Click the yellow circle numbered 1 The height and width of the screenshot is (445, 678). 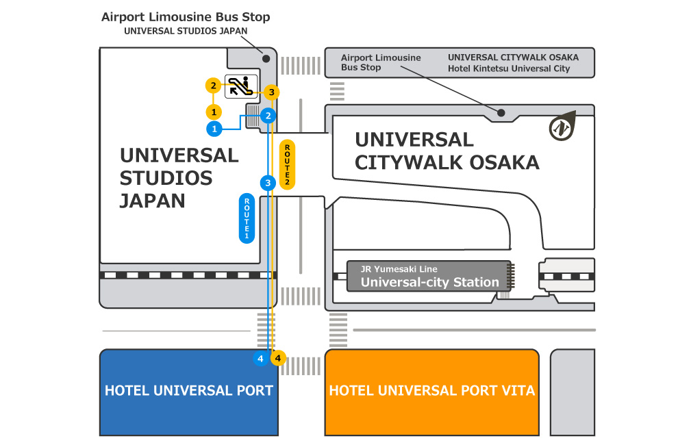(x=214, y=111)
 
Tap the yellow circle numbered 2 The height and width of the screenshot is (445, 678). (x=214, y=86)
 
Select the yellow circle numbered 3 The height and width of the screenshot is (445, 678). (x=271, y=92)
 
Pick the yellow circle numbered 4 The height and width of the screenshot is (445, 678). (x=277, y=357)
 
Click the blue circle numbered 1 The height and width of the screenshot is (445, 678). (x=214, y=128)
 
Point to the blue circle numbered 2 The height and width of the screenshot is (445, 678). (x=268, y=115)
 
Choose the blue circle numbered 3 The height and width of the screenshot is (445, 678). (x=268, y=183)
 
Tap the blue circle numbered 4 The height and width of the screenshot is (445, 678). (x=260, y=357)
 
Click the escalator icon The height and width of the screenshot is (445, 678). (x=240, y=86)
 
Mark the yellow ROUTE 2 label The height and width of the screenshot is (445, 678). (x=288, y=164)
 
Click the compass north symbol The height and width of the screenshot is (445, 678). (x=561, y=127)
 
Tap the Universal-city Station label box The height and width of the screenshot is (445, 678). (x=429, y=277)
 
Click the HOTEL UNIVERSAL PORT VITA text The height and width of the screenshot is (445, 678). (x=431, y=391)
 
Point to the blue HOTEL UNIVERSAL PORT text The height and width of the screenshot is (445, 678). (x=188, y=391)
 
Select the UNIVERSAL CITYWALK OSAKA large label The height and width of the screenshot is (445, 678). (x=447, y=151)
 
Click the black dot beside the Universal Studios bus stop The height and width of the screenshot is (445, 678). (x=266, y=58)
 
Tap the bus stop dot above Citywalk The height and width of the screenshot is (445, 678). (x=501, y=112)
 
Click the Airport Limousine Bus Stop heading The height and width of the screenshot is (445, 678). (x=186, y=16)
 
